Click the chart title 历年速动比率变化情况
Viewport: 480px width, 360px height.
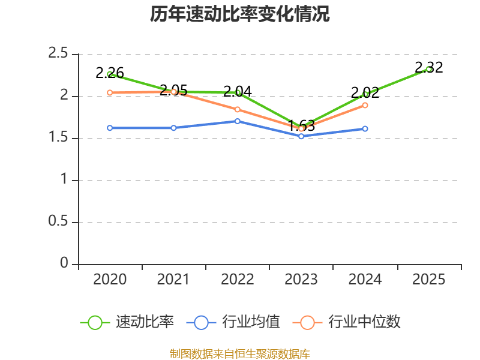tap(240, 14)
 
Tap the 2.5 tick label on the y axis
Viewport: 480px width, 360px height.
tap(58, 54)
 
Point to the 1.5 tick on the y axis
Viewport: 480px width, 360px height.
tap(58, 138)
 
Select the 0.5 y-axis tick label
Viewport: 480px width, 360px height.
tap(58, 222)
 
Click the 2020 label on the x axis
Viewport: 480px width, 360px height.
tap(110, 280)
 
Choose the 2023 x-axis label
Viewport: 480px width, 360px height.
tap(301, 280)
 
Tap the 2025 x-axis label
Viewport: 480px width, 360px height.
tap(429, 280)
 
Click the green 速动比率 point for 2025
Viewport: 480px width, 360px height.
tap(429, 69)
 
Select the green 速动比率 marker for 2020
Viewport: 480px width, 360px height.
tap(110, 74)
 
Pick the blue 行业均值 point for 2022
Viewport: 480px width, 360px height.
tap(238, 121)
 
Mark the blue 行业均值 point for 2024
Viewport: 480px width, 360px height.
tap(365, 128)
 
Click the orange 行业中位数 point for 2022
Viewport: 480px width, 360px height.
tap(238, 109)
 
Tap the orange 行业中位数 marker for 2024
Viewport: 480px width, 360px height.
tap(365, 105)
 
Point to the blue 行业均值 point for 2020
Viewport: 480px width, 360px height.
tap(110, 128)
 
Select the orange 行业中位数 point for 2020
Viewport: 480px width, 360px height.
tap(110, 92)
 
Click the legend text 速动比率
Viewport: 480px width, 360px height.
tap(145, 322)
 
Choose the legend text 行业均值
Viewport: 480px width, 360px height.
tap(251, 322)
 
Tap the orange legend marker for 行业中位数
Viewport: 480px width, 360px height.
tap(307, 322)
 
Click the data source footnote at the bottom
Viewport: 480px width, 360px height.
tap(240, 353)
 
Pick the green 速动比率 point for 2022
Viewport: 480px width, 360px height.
tap(238, 92)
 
